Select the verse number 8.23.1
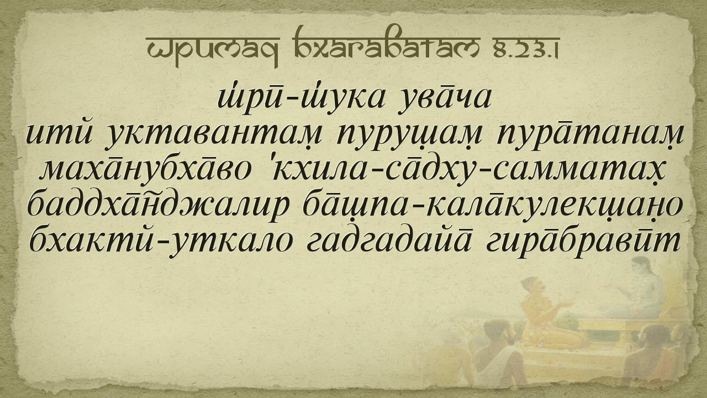pos(524,50)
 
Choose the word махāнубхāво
pos(145,172)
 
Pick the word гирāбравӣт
pos(583,243)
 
